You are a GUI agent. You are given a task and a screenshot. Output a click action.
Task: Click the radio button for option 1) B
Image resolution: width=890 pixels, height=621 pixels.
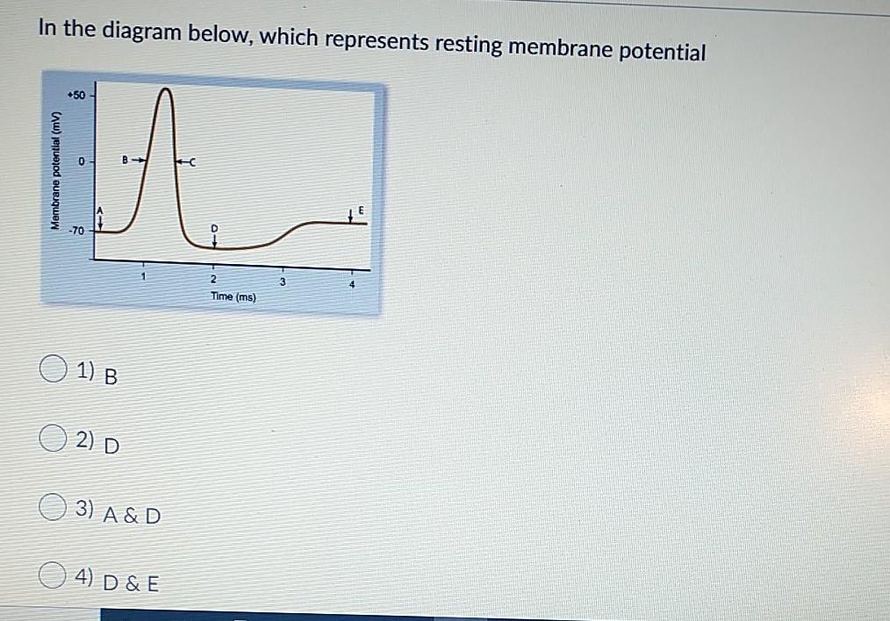pos(51,372)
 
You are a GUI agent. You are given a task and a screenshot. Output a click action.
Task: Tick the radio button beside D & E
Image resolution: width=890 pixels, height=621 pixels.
pos(51,575)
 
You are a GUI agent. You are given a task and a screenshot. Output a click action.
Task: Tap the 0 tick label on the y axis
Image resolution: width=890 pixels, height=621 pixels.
pos(81,162)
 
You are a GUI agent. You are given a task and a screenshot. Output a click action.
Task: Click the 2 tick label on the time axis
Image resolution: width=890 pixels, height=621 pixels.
pos(212,279)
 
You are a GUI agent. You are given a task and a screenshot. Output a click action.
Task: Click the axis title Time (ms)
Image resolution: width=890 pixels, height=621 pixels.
pos(233,297)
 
